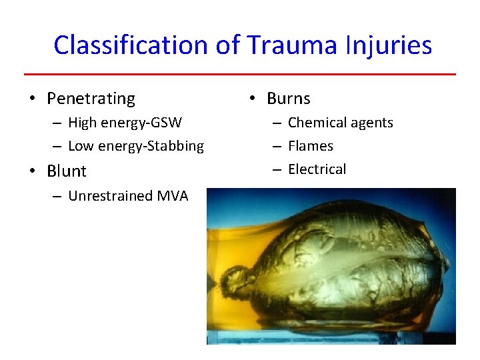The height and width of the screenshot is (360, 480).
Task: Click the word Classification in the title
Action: [131, 45]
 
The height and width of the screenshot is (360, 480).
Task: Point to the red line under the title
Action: [240, 74]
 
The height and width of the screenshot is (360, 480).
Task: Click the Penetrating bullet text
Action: [91, 99]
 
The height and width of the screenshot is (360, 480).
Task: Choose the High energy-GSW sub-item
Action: [125, 123]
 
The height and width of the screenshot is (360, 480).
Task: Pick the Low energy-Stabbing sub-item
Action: [136, 146]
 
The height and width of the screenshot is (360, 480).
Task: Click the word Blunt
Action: [67, 171]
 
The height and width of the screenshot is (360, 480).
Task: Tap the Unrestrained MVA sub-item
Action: [128, 195]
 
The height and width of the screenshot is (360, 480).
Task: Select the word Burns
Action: [289, 99]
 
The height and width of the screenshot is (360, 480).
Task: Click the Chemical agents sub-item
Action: [341, 123]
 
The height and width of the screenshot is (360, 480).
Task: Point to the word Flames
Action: [311, 146]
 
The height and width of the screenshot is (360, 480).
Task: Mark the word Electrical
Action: [317, 169]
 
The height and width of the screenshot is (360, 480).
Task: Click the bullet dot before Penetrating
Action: [31, 99]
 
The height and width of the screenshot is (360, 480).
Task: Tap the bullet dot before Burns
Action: [251, 99]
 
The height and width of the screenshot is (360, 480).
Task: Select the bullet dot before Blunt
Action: [31, 171]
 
